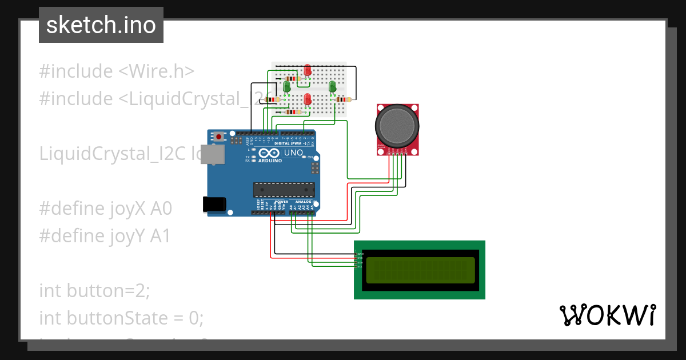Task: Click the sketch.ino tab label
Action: click(101, 25)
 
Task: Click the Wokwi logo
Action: click(607, 315)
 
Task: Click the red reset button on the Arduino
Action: click(219, 137)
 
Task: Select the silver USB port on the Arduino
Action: click(215, 154)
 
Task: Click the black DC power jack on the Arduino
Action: click(215, 204)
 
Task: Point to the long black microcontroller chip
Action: click(284, 189)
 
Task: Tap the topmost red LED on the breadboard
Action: click(308, 70)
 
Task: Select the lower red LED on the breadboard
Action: click(308, 99)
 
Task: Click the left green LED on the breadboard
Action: click(286, 87)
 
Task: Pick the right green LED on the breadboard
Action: click(332, 87)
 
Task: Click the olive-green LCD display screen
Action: click(420, 270)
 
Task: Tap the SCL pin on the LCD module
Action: click(359, 267)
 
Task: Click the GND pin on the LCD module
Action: click(359, 254)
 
